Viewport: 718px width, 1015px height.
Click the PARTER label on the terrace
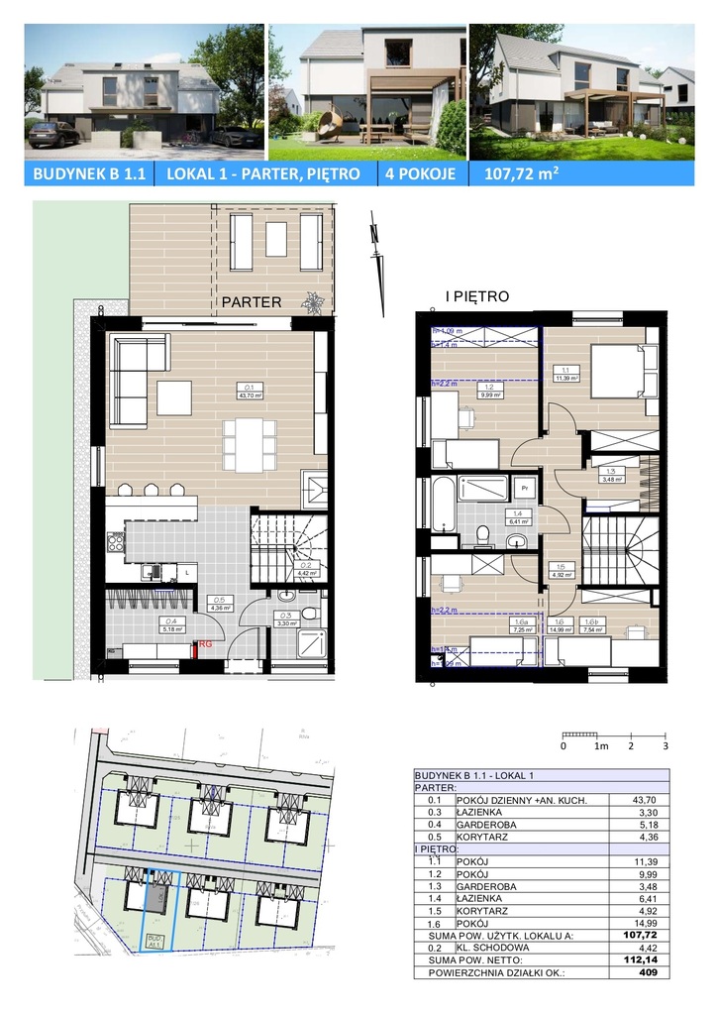pos(251,302)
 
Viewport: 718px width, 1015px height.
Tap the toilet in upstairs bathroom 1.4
pos(483,534)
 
